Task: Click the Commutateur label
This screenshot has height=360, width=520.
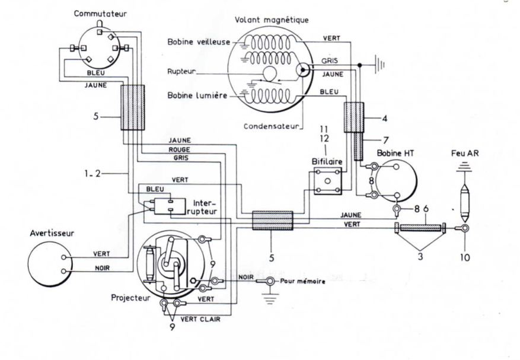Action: coord(100,14)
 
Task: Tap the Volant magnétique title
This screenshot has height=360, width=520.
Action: coord(272,20)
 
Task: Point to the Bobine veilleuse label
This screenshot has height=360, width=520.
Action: coord(199,42)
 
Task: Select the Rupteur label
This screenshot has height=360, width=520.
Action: coord(181,72)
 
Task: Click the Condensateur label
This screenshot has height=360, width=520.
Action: coord(272,126)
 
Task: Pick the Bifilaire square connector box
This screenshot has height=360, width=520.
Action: coord(328,181)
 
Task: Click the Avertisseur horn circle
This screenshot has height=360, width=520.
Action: coord(50,264)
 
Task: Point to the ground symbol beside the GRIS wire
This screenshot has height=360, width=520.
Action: coord(379,65)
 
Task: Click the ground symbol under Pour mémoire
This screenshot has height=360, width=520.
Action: coord(270,299)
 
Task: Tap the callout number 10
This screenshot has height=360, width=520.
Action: coord(465,257)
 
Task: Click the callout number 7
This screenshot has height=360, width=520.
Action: coord(385,141)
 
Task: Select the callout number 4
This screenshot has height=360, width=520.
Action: coord(385,118)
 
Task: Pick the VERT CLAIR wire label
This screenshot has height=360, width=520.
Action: coord(200,319)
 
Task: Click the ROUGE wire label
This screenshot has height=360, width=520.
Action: coord(179,149)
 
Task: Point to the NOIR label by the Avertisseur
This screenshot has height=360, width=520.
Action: coord(102,267)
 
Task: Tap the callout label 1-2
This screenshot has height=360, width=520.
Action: coord(92,173)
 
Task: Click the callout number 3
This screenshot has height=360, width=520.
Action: coord(420,256)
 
